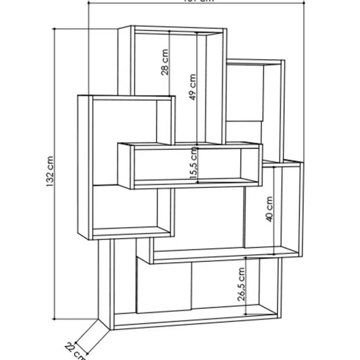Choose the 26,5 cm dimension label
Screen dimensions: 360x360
click(241, 284)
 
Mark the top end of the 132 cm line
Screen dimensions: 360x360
click(55, 28)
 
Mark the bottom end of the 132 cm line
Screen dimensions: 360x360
click(55, 319)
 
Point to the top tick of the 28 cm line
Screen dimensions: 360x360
click(169, 31)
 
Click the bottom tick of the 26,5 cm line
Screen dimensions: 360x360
click(246, 314)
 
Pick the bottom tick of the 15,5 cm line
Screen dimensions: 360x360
click(198, 183)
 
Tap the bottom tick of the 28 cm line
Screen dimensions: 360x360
click(169, 95)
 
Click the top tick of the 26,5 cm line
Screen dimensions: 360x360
click(246, 258)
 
